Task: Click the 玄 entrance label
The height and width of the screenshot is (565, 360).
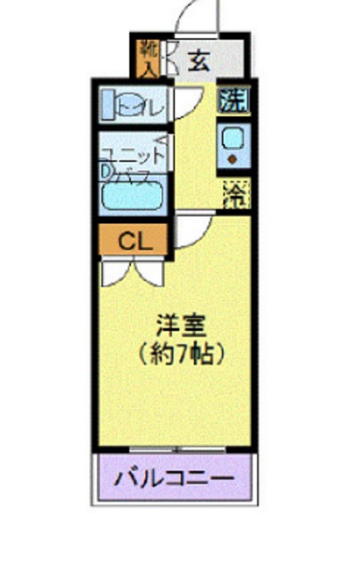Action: (199, 61)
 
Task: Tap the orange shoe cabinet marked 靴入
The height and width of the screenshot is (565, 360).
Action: (146, 56)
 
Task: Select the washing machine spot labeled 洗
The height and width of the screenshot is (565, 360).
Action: (233, 101)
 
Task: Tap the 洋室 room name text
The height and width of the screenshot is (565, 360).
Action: (184, 325)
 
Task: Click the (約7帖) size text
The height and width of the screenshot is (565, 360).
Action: (184, 353)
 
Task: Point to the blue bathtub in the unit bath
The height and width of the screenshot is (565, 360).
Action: (132, 193)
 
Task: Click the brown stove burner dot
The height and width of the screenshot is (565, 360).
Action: (234, 159)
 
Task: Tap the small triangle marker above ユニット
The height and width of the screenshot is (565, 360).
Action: (160, 140)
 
